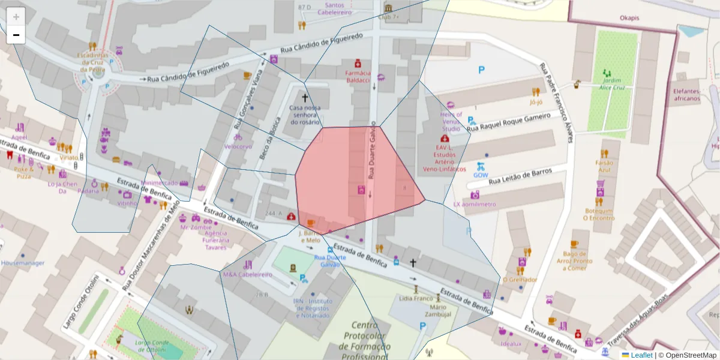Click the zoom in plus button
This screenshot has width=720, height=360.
16,17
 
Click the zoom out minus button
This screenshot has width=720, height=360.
16,35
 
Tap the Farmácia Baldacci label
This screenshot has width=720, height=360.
358,76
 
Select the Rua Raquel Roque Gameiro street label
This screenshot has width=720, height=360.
508,122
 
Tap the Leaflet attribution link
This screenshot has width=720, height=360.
641,355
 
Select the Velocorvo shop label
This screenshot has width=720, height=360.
238,146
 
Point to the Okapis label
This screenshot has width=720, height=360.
629,18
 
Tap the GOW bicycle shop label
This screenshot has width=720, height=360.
481,175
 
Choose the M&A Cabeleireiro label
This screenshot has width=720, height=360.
247,274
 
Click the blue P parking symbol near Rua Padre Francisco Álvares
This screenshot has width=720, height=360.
481,70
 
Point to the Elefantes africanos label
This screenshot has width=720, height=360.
686,95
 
